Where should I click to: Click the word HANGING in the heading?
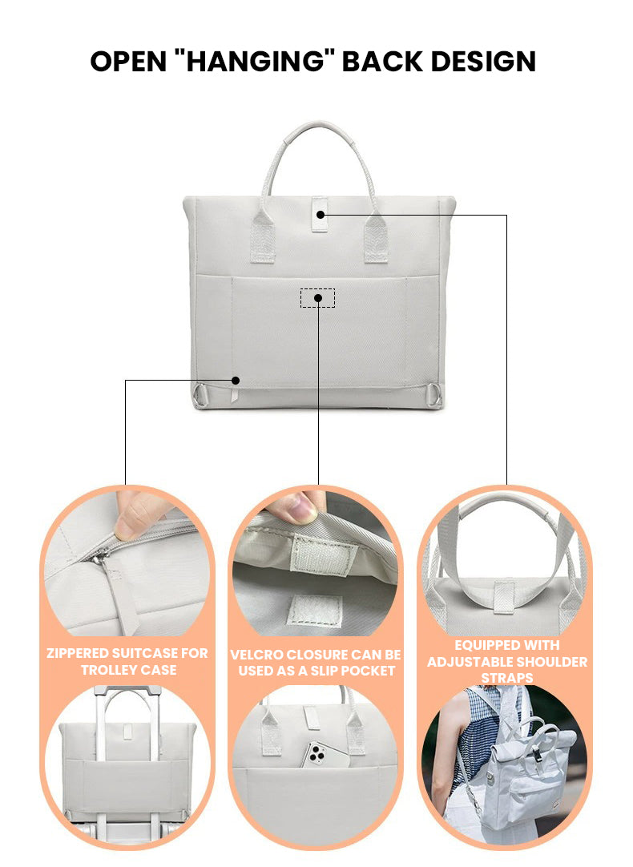coord(255,61)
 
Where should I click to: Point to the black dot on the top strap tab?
coord(320,215)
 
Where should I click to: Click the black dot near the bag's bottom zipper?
coord(236,381)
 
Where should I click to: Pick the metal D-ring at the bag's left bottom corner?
coord(200,396)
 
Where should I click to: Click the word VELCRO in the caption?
coord(256,655)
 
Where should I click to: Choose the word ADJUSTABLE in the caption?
coord(472,662)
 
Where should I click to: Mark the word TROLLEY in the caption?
coord(107,670)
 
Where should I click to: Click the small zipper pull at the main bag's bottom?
coord(234,395)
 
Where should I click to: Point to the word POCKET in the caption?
coord(367,671)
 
